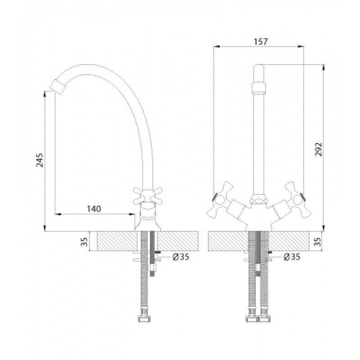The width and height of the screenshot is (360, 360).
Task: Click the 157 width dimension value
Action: tap(261, 42)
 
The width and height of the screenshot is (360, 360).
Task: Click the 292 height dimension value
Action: tap(319, 149)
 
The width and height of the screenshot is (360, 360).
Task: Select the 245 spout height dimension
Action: tap(40, 160)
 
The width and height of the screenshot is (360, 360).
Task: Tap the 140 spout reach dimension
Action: tap(94, 209)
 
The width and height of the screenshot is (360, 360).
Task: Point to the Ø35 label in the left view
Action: tap(181, 257)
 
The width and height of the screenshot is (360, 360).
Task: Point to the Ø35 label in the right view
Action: tap(292, 256)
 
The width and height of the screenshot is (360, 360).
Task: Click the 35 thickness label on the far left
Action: tap(85, 242)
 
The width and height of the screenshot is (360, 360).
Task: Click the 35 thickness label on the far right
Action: tap(317, 242)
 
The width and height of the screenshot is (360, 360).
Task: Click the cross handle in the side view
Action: tap(148, 196)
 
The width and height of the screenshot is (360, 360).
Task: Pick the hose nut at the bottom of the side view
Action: tap(144, 319)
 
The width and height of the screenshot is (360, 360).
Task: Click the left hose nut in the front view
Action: tap(252, 319)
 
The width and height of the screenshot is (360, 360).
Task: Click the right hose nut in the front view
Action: tap(264, 319)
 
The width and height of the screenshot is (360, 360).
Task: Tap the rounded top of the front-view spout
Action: tap(258, 68)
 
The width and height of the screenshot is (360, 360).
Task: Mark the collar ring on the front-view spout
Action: tap(258, 87)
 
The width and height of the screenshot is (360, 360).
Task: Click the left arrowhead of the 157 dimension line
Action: tap(217, 47)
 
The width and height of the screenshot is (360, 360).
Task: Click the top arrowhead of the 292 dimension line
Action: tap(324, 67)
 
